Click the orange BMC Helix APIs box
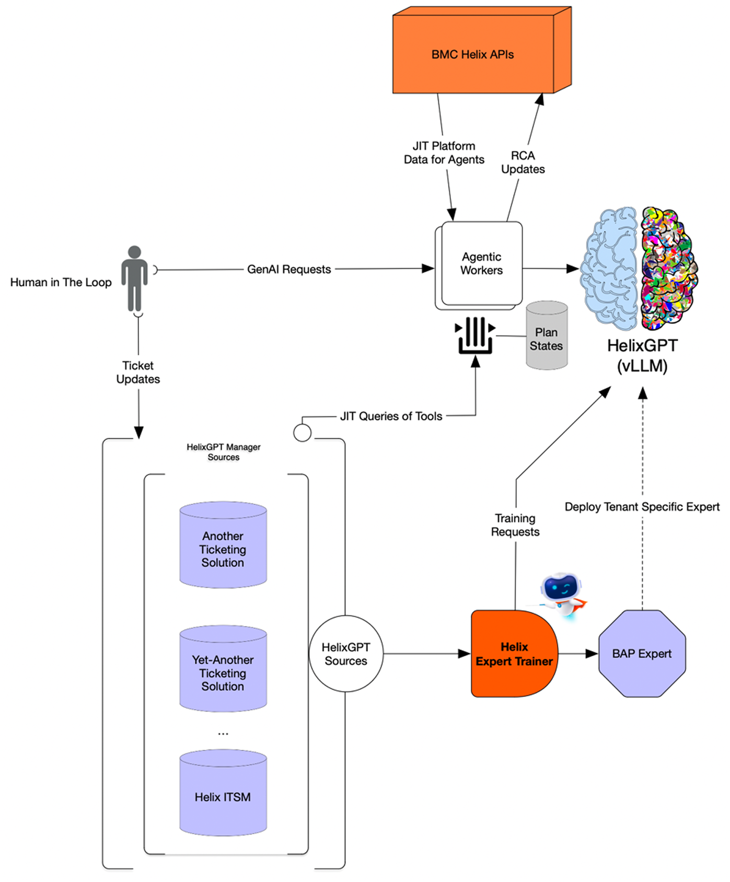tap(473, 55)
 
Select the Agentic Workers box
tap(481, 264)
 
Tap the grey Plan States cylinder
tap(547, 336)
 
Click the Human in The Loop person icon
tap(134, 278)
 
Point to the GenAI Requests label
tap(289, 270)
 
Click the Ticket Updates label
tap(138, 372)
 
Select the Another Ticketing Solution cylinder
tap(223, 546)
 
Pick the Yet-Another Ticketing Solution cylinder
tap(223, 670)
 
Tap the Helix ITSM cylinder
tap(223, 794)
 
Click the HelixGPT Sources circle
tap(346, 654)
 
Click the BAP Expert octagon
tap(642, 654)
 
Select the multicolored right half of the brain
tap(668, 268)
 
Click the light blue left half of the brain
tap(609, 268)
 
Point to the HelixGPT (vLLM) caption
tap(642, 355)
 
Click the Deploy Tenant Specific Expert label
tap(642, 507)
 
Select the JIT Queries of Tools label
tap(391, 416)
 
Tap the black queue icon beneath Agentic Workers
tap(475, 335)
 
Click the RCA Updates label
tap(523, 163)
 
